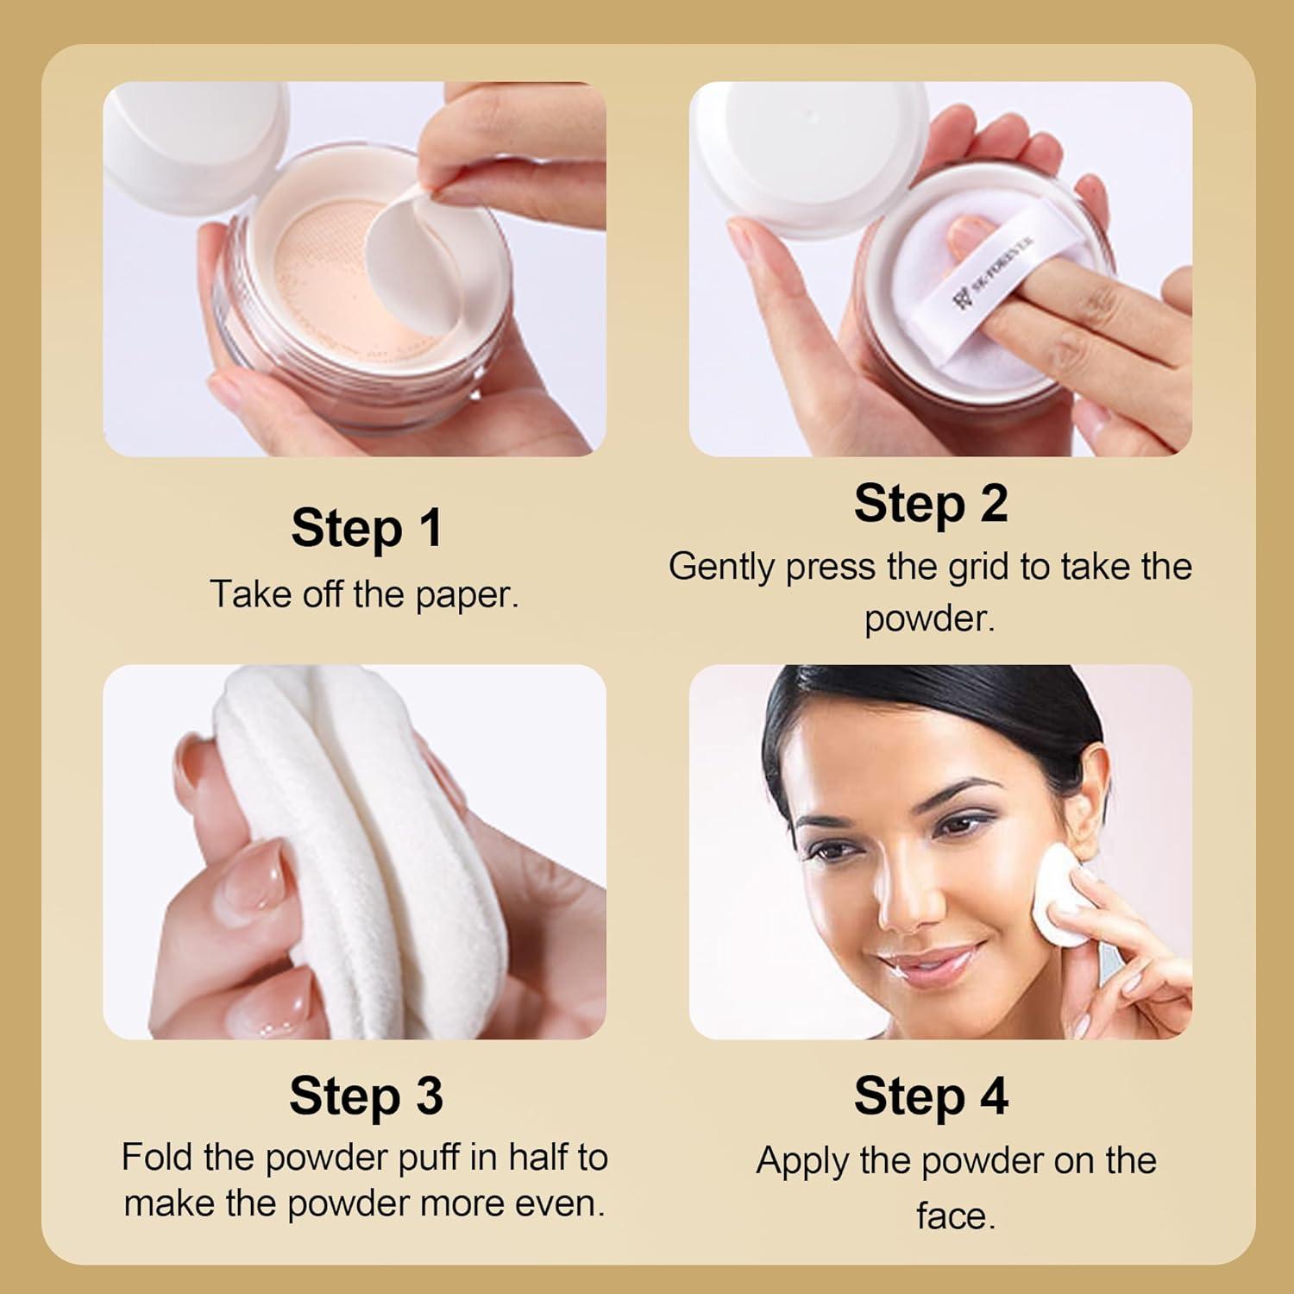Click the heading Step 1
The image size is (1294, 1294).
coord(367,528)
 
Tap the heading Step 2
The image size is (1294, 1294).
coord(931,504)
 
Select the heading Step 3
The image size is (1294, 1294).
coord(367,1096)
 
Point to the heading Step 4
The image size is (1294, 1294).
coord(931,1096)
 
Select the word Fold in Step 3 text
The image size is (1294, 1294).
coord(158,1158)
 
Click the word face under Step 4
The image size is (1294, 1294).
coord(955,1216)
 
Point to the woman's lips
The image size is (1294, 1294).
coord(927,962)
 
